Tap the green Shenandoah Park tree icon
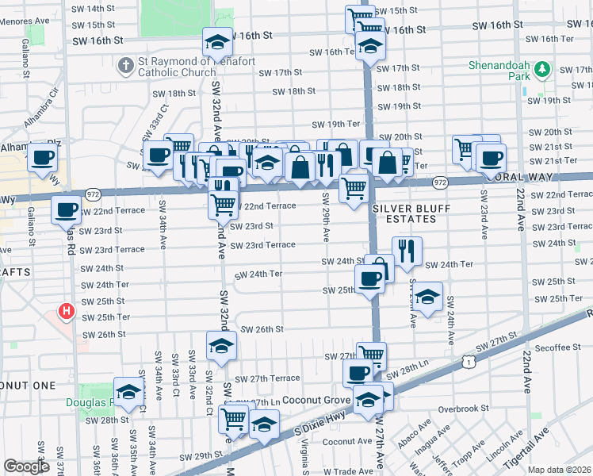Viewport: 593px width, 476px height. [x=542, y=69]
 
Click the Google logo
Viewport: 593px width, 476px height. [x=26, y=466]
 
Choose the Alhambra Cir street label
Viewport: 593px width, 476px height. [x=54, y=102]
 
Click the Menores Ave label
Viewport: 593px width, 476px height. [x=21, y=23]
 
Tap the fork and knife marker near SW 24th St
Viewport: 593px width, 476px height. [x=407, y=251]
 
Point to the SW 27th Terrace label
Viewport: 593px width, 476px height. [x=267, y=378]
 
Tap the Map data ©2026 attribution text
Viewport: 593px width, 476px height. [x=559, y=470]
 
